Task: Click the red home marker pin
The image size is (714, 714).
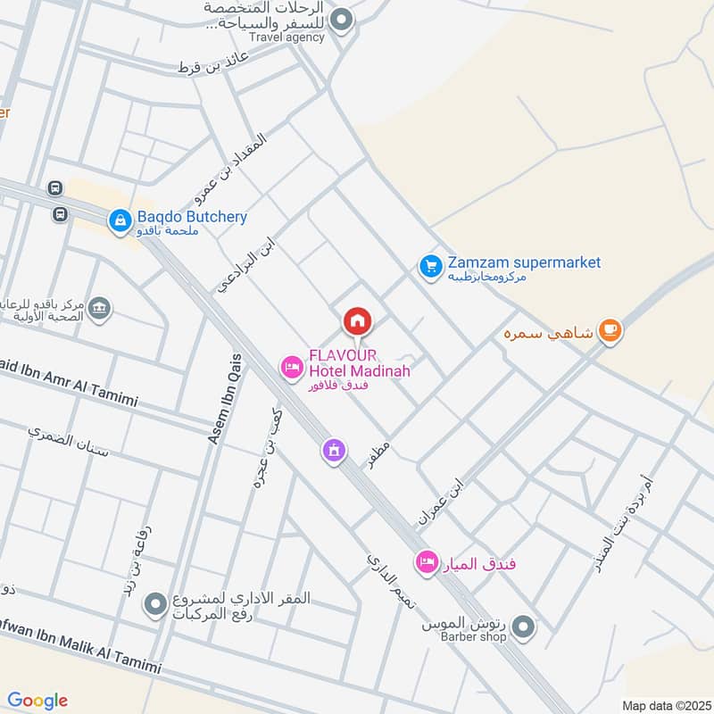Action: [357, 320]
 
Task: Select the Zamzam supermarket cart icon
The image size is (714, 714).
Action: [431, 265]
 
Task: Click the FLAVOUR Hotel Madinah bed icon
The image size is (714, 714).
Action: [291, 366]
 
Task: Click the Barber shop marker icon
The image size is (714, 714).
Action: [523, 627]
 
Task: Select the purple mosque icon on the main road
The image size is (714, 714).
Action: [333, 450]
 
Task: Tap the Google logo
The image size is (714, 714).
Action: [37, 700]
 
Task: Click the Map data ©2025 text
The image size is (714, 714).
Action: [664, 705]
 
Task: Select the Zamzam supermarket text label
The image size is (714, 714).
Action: [524, 262]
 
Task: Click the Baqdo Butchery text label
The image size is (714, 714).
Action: [192, 217]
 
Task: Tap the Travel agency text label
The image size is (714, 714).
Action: [287, 38]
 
